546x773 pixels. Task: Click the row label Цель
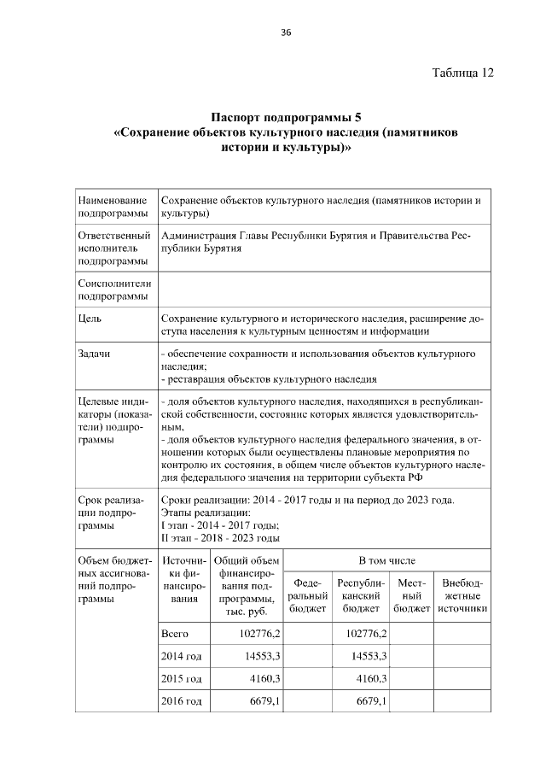(90, 319)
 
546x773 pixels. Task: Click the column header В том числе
(386, 560)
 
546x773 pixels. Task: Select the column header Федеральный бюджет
(307, 595)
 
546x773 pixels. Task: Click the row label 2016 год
(181, 701)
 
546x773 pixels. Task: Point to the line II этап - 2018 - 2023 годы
(220, 538)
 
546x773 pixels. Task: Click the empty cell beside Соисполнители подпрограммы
(324, 289)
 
